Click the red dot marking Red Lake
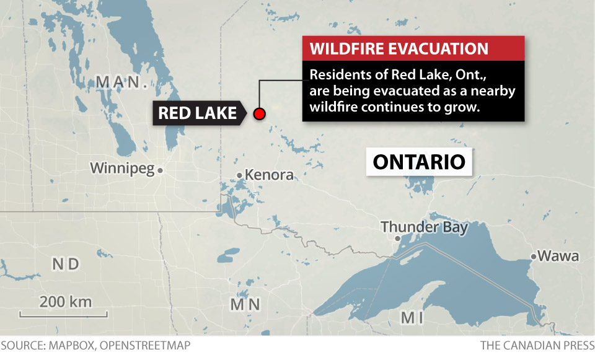point(260,113)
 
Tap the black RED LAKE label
point(197,113)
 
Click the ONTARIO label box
point(419,162)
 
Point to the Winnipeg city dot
point(160,170)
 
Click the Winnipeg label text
point(121,168)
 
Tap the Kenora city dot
point(240,175)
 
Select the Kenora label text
point(269,175)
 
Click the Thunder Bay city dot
point(399,238)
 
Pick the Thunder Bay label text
point(425,226)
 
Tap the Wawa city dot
point(533,256)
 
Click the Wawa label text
point(558,256)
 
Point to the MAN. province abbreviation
point(121,82)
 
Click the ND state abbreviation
point(66,265)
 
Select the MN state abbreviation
point(245,304)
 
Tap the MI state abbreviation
point(412,318)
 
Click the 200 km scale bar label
point(66,302)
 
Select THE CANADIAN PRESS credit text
point(537,345)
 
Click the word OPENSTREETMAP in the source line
point(146,345)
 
